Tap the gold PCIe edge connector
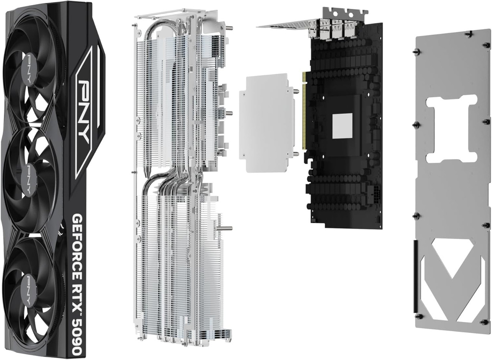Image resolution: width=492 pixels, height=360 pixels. coord(304,111)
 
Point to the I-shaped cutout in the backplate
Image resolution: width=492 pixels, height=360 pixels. coord(451,129)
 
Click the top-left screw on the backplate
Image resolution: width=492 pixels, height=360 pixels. coord(417,51)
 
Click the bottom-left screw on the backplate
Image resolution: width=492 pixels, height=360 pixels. coord(419,316)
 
